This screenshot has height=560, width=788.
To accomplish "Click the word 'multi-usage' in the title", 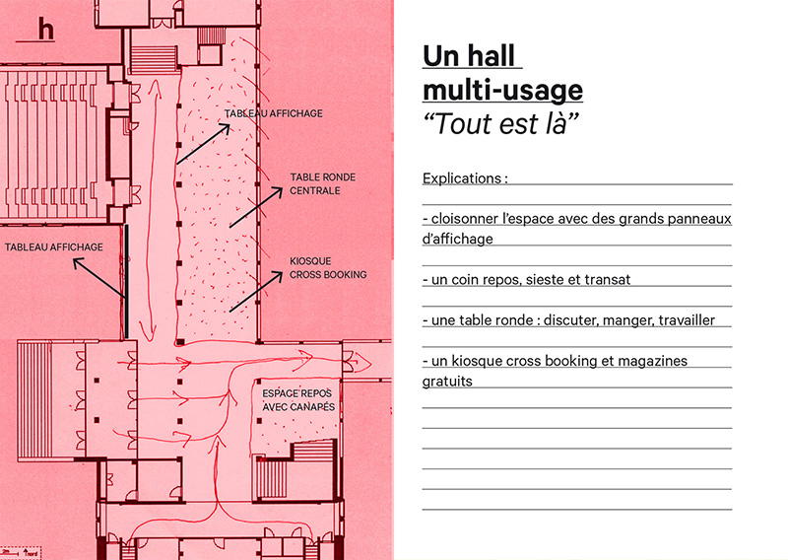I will coord(502,91).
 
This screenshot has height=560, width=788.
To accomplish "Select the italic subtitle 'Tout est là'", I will coord(500,125).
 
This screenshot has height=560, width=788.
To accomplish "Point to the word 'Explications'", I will coord(464,179).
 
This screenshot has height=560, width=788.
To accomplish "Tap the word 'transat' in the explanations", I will coord(608,280).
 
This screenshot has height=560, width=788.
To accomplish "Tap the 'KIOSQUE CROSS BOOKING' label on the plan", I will coord(328,268).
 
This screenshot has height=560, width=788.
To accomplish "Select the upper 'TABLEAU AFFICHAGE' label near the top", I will coord(273,114).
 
